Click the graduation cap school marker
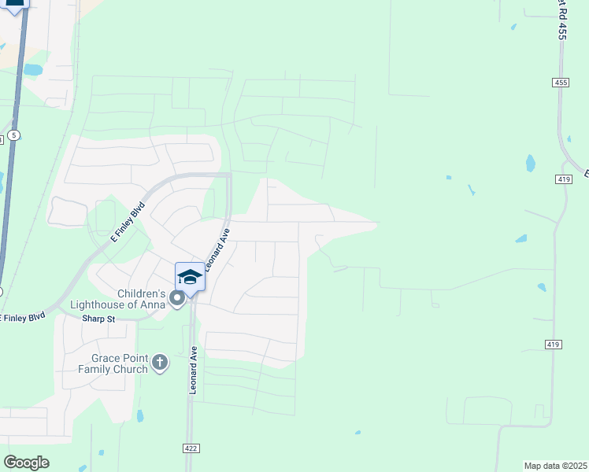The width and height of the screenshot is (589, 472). [x=189, y=277]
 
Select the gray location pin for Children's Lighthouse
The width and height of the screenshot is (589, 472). [x=177, y=298]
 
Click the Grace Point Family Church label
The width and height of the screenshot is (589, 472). [x=113, y=363]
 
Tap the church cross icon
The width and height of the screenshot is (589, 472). [x=159, y=363]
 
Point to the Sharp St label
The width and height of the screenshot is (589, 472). [x=98, y=319]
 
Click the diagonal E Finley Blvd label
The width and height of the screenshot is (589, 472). [x=128, y=223]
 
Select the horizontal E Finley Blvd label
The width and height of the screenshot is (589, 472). [x=22, y=317]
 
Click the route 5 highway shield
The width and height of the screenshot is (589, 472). [x=13, y=136]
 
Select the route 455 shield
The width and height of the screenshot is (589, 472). [x=560, y=82]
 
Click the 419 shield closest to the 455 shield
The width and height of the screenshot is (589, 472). [x=563, y=179]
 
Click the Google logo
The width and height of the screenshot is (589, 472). [x=26, y=462]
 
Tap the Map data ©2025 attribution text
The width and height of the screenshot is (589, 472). [x=556, y=466]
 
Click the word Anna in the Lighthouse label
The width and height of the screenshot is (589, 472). [x=153, y=304]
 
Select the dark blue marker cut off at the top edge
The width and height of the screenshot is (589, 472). [x=15, y=4]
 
